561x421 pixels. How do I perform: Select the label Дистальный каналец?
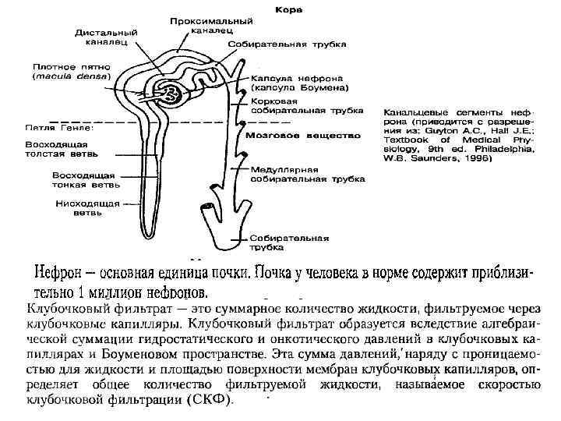pyautogui.click(x=107, y=37)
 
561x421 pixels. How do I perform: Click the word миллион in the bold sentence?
pyautogui.click(x=107, y=294)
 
